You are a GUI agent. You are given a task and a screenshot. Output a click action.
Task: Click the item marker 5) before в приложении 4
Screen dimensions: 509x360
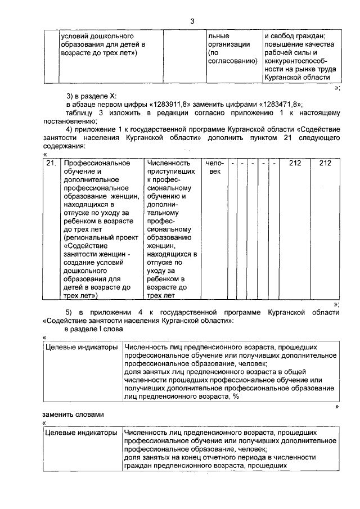point(70,312)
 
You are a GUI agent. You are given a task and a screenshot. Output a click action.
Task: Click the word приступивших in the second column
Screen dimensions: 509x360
point(171,171)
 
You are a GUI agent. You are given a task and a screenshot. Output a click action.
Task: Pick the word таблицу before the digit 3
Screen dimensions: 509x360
point(79,112)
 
